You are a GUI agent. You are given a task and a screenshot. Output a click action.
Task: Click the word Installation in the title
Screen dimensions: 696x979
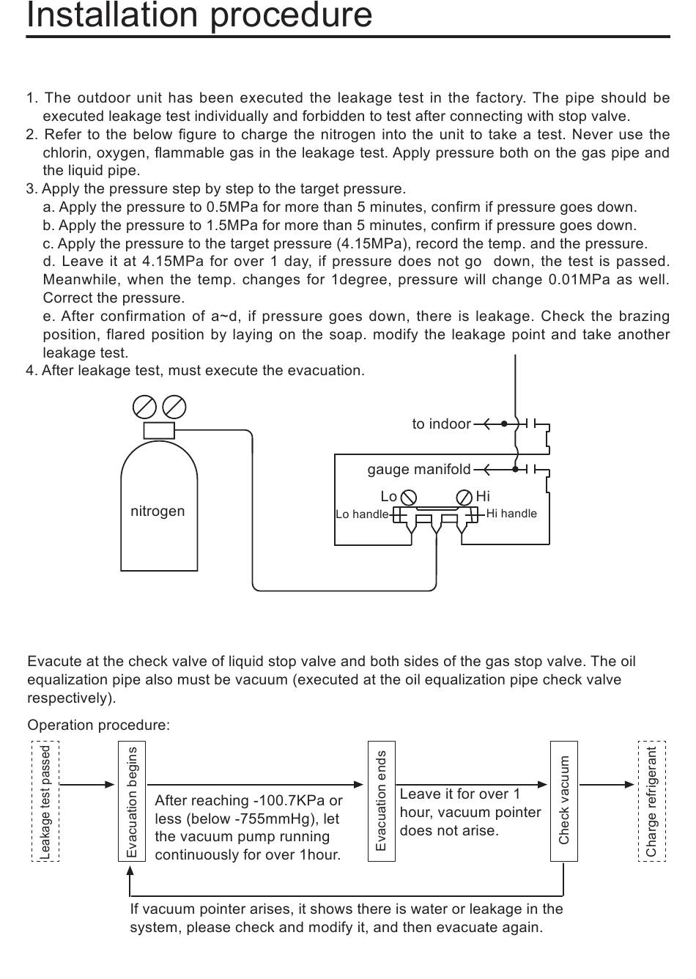[x=113, y=15]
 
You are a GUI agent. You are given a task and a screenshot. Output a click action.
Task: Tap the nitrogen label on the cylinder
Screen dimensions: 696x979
[x=158, y=511]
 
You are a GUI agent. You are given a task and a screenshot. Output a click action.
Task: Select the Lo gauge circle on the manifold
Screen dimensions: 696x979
[x=409, y=498]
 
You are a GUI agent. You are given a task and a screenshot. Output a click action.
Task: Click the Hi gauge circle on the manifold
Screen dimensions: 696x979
[x=464, y=498]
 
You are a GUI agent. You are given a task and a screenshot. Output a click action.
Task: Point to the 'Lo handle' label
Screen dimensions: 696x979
[x=362, y=514]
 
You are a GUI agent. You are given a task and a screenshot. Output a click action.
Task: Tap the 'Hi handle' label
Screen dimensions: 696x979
[x=511, y=514]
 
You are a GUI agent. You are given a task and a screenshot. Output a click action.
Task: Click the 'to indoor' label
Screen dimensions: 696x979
[x=441, y=424]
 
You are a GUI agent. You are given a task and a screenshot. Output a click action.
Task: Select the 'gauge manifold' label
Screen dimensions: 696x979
[x=419, y=470]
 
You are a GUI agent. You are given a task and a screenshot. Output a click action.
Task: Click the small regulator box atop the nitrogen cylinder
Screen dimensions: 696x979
[x=159, y=430]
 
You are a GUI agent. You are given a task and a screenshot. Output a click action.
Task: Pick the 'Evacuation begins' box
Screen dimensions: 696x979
[x=132, y=801]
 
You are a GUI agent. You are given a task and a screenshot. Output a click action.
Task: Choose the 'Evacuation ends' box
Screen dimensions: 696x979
[x=382, y=801]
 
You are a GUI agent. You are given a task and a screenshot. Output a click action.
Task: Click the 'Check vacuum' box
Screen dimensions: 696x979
[x=563, y=801]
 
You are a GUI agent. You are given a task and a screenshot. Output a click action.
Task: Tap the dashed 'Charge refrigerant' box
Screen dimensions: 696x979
[x=652, y=801]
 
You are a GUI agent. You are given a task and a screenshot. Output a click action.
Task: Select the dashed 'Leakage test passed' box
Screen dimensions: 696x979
[x=45, y=801]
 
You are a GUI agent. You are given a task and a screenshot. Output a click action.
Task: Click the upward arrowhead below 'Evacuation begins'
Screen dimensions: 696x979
[x=130, y=871]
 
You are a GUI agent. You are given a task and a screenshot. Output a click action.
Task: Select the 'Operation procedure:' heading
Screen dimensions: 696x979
[x=98, y=725]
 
